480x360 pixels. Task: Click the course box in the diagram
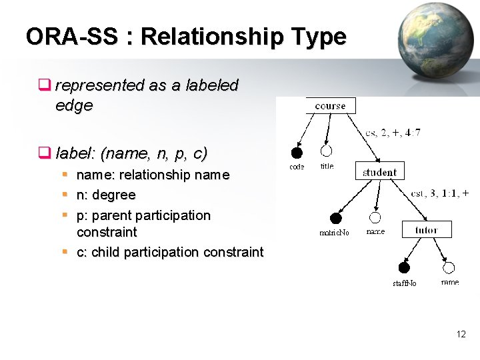[x=330, y=105]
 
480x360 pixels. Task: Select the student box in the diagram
[x=379, y=171]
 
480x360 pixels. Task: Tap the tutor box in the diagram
[x=427, y=230]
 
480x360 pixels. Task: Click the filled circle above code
[x=297, y=153]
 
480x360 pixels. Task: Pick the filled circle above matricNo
[x=336, y=218]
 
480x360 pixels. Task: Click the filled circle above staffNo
[x=404, y=268]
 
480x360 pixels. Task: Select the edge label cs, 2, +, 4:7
[x=393, y=133]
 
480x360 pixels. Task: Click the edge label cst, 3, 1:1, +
[x=439, y=193]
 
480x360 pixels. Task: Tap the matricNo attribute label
[x=335, y=233]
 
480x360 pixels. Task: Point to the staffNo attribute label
[x=404, y=283]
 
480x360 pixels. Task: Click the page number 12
[x=461, y=334]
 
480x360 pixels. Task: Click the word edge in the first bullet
[x=74, y=105]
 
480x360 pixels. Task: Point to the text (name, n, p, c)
[x=153, y=153]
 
